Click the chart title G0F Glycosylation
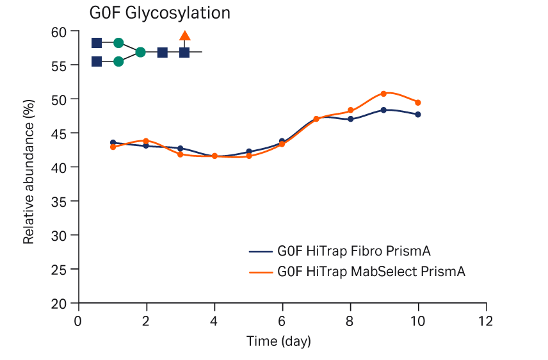coord(159,13)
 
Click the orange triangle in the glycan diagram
coord(185,36)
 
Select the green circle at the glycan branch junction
coord(141,53)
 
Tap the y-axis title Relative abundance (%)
coord(29,172)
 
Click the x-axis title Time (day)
coord(278,341)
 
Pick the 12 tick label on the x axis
coord(486,320)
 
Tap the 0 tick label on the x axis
coord(78,320)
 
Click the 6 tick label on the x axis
coord(282,320)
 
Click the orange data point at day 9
coord(383,94)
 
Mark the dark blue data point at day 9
coord(383,110)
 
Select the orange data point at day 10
coord(418,102)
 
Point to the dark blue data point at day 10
coord(418,115)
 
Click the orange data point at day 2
coord(146,141)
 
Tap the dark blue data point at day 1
coord(113,143)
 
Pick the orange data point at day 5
coord(248,156)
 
